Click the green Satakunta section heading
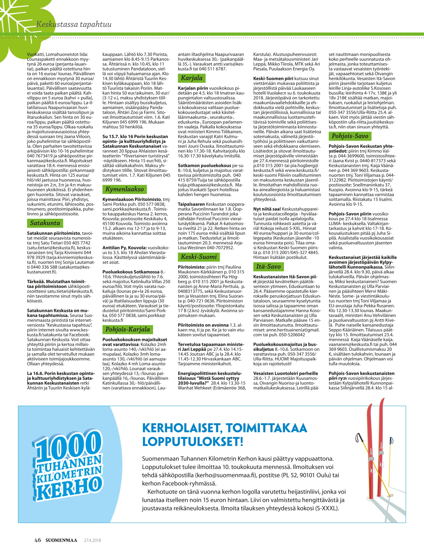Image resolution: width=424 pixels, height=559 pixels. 45,223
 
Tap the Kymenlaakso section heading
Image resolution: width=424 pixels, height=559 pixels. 124,189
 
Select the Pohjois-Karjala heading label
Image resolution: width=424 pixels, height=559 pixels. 127,329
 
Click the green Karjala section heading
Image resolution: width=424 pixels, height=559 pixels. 192,78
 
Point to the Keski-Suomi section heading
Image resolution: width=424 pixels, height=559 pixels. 199,257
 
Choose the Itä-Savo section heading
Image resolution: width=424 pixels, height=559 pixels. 268,266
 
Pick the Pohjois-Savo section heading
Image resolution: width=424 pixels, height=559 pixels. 350,136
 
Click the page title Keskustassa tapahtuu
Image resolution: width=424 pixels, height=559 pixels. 74,24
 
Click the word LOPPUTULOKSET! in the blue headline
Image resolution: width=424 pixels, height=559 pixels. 193,441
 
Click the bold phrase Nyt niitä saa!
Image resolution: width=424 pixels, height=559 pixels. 267,209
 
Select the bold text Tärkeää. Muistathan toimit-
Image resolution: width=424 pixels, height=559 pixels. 56,282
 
